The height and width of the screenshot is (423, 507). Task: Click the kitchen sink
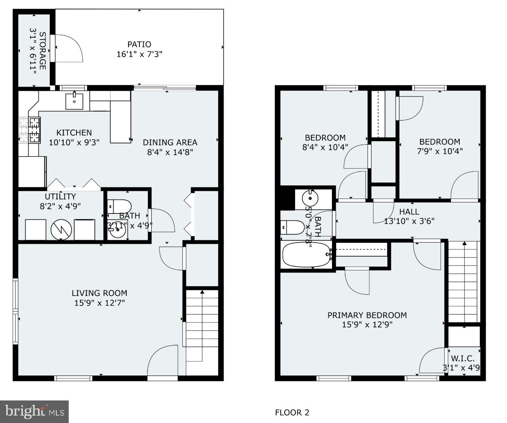pos(74,101)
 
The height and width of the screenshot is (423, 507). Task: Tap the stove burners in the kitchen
pos(30,130)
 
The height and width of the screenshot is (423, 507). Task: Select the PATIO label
pos(139,44)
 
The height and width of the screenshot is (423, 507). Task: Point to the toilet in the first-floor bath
pos(119,206)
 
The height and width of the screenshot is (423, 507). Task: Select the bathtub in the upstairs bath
pos(306,255)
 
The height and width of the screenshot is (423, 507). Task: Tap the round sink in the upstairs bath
pos(310,198)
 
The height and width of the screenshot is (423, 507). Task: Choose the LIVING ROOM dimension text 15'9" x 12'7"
pos(99,302)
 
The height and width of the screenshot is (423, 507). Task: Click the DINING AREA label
pos(170,142)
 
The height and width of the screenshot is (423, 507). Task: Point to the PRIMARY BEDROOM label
pos(367,315)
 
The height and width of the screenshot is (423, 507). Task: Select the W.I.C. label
pos(462,358)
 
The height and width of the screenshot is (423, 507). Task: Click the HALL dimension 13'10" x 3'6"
pos(409,221)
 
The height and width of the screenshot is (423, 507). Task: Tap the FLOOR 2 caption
pos(292,413)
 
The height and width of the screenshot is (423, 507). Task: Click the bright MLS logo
pos(34,411)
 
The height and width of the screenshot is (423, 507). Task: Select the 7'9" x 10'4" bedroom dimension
pos(439,151)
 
